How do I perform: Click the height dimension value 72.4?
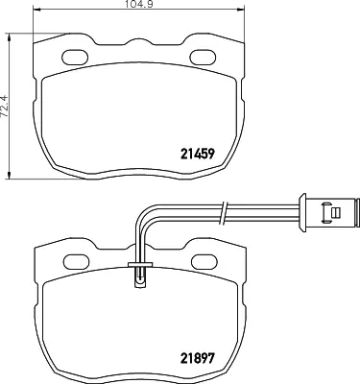(x=5, y=107)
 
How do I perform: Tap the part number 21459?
(x=197, y=155)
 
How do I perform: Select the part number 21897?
(x=197, y=358)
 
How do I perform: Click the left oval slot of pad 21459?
(x=75, y=58)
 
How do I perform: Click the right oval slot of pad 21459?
(x=203, y=58)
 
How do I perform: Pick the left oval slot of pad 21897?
(x=77, y=261)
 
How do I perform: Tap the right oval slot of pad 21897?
(x=204, y=261)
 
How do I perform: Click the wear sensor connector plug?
(x=328, y=212)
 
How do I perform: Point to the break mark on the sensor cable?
(x=224, y=212)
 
